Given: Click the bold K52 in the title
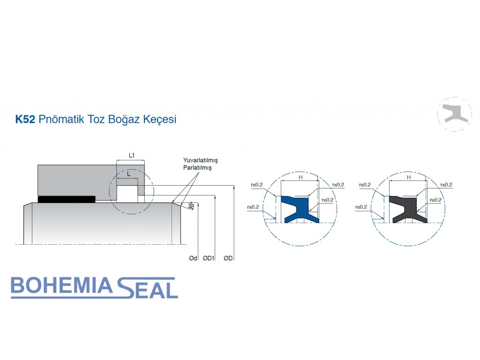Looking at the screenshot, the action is pos(25,119).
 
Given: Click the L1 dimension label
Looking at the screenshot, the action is pos(132,155).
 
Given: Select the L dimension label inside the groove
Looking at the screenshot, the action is pos(128,173).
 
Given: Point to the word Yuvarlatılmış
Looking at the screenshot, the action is pos(200,160).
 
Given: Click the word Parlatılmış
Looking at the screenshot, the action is pos(197,168).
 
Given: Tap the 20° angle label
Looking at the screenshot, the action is pos(191,206).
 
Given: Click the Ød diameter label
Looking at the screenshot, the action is pos(193,258).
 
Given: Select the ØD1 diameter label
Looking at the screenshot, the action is pos(209,258).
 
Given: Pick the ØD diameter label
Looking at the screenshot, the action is pos(229,258).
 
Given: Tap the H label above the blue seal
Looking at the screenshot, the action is pos(300,178).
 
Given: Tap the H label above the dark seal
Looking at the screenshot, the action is pos(409,178).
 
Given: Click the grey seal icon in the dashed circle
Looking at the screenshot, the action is pos(454,114).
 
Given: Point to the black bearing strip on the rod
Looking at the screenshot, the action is pos(67,199).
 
